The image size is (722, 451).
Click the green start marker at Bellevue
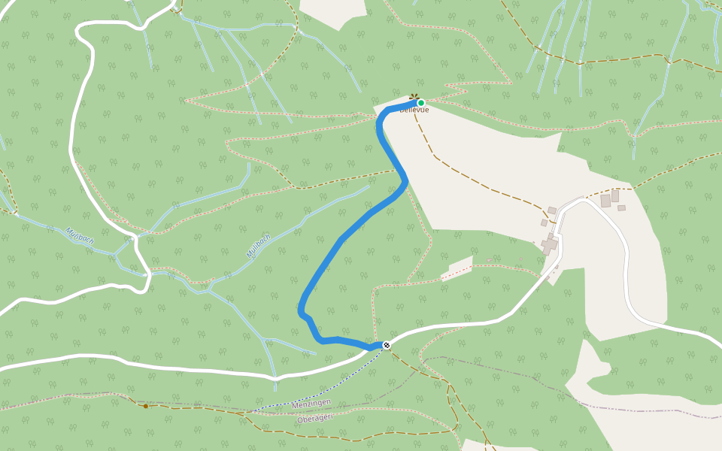pos(421,103)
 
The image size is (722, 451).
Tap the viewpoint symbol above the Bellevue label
pos(414,97)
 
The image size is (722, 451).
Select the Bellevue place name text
pos(414,110)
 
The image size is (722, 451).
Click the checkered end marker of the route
pos(387,345)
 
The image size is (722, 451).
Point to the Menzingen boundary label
pos(311,404)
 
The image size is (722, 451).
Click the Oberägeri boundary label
pos(314,418)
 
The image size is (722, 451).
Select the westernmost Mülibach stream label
pos(79,237)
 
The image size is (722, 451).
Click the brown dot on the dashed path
pos(146,406)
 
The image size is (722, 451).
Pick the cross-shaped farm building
pos(551,244)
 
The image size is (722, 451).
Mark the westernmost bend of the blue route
pos(301,310)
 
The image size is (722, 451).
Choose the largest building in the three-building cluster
pos(605,201)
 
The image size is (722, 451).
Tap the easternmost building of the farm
pos(621,208)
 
